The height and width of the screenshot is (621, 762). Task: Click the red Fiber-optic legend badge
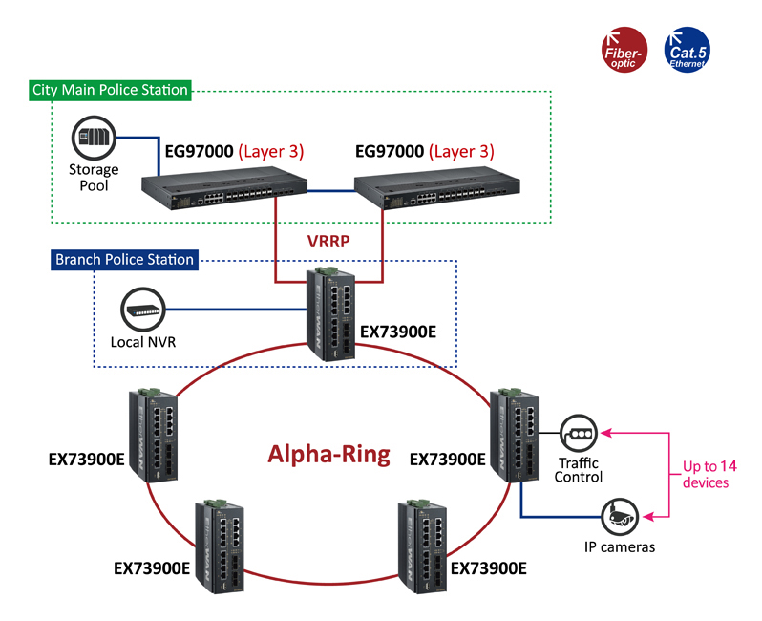(x=624, y=50)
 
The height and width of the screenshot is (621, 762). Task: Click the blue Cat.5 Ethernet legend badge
(x=687, y=50)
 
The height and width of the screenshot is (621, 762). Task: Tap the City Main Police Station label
(x=110, y=90)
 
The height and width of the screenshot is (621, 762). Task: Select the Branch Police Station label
(x=124, y=260)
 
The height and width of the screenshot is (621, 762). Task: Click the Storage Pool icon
(x=94, y=138)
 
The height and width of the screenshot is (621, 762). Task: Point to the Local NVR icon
(x=143, y=310)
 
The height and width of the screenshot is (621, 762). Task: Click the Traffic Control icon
(x=579, y=433)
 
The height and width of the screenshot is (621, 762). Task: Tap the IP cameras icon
(x=620, y=517)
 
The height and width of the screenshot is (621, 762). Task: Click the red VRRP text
(x=328, y=241)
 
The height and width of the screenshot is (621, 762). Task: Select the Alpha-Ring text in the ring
(x=329, y=455)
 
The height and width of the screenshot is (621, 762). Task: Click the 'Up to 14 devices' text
(x=709, y=474)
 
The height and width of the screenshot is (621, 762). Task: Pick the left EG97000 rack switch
(x=224, y=187)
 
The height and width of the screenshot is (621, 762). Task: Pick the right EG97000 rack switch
(x=437, y=187)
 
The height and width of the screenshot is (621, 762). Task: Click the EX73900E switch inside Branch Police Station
(x=330, y=314)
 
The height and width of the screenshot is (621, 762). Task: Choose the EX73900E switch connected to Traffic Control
(x=514, y=436)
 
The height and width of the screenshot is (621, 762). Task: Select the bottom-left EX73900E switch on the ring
(x=220, y=546)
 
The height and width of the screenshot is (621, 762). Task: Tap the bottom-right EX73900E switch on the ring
(x=422, y=546)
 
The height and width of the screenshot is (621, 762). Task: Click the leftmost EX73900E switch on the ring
(x=153, y=436)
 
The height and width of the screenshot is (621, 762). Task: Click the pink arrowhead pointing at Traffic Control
(x=606, y=433)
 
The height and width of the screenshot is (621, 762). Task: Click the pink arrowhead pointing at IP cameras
(x=648, y=517)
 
